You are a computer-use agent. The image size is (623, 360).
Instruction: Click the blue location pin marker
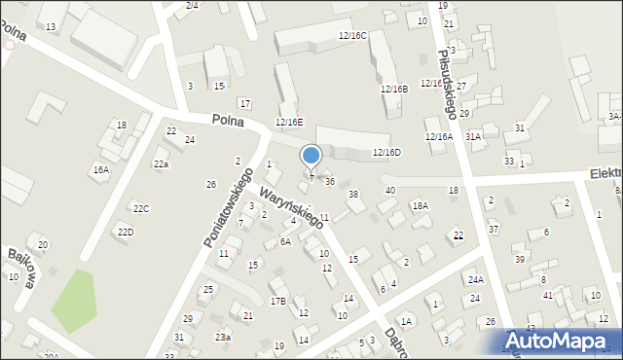click(311, 156)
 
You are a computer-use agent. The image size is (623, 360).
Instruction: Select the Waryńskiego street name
click(290, 202)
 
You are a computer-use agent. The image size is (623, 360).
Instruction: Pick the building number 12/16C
click(352, 35)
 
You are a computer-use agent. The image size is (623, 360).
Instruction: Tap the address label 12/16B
click(394, 89)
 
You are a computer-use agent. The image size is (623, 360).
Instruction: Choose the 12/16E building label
click(289, 122)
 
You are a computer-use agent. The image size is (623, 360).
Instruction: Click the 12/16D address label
click(386, 152)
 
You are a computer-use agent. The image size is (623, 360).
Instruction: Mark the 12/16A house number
click(438, 137)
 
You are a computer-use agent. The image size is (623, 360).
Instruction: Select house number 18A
click(420, 205)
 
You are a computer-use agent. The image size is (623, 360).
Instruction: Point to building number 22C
click(141, 209)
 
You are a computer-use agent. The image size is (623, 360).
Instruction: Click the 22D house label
click(126, 232)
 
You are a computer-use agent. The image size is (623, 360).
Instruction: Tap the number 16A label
click(100, 169)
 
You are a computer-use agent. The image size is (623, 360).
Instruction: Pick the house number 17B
click(278, 301)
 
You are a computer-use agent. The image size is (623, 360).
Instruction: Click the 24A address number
click(475, 279)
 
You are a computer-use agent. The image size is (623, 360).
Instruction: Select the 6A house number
click(285, 241)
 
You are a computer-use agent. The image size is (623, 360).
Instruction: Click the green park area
click(75, 301)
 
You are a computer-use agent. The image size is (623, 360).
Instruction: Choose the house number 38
click(353, 195)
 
